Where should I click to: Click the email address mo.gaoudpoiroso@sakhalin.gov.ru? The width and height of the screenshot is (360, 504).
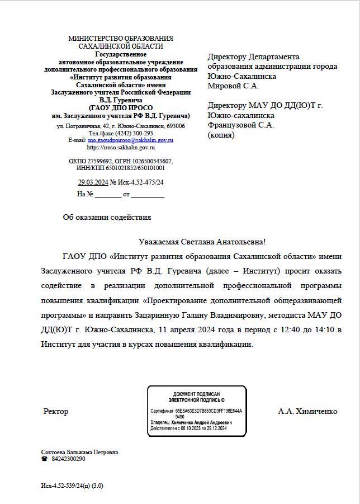(x=130, y=140)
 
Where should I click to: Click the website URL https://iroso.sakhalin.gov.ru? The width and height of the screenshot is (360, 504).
(x=121, y=148)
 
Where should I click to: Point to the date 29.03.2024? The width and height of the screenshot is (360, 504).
(x=93, y=182)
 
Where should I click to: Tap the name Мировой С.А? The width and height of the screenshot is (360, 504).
(x=233, y=86)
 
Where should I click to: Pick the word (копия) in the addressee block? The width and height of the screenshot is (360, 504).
(x=221, y=135)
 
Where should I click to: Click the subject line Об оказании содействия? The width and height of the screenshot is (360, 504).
(x=107, y=218)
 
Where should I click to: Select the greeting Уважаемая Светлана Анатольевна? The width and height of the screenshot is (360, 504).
(x=202, y=242)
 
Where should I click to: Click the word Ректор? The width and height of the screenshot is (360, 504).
(x=56, y=412)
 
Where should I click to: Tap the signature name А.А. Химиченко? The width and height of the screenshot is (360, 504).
(x=307, y=412)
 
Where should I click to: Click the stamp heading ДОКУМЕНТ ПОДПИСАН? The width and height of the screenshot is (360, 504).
(x=196, y=394)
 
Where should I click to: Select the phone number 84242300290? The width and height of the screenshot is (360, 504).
(x=68, y=459)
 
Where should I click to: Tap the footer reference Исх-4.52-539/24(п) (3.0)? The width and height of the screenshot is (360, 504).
(x=72, y=486)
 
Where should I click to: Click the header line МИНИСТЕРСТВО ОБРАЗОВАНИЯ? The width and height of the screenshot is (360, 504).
(x=120, y=39)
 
